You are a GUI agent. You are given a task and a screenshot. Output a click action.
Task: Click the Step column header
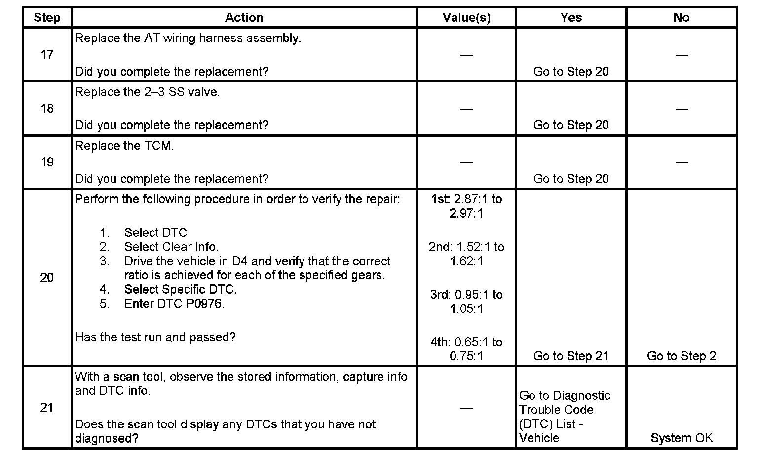47,18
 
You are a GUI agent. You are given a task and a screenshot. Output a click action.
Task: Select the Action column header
244,18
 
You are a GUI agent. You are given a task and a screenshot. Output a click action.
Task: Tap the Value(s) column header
466,18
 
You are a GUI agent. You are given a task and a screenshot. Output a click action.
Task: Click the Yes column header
571,18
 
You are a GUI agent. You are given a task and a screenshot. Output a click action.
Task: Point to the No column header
681,18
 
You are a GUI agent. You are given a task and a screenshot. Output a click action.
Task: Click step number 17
47,54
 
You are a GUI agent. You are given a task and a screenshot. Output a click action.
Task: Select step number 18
47,108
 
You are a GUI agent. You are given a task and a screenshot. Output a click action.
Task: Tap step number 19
47,162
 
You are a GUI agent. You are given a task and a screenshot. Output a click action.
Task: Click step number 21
47,407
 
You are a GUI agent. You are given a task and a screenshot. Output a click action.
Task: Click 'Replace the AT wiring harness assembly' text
188,38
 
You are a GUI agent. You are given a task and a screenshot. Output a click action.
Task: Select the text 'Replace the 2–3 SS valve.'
147,92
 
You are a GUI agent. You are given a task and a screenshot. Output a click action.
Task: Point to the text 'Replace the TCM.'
124,146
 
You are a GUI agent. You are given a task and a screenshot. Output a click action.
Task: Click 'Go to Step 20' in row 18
571,125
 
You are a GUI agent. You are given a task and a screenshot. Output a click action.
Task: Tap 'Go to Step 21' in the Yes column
571,356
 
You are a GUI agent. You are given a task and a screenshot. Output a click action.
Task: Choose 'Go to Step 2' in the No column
681,356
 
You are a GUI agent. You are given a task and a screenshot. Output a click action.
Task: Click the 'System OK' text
681,438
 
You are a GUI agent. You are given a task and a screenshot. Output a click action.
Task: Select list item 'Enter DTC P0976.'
174,303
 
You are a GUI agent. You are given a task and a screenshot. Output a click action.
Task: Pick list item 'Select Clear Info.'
171,246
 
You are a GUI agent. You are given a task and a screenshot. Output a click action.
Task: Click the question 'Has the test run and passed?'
155,337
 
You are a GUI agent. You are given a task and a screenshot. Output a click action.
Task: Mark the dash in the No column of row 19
682,162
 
